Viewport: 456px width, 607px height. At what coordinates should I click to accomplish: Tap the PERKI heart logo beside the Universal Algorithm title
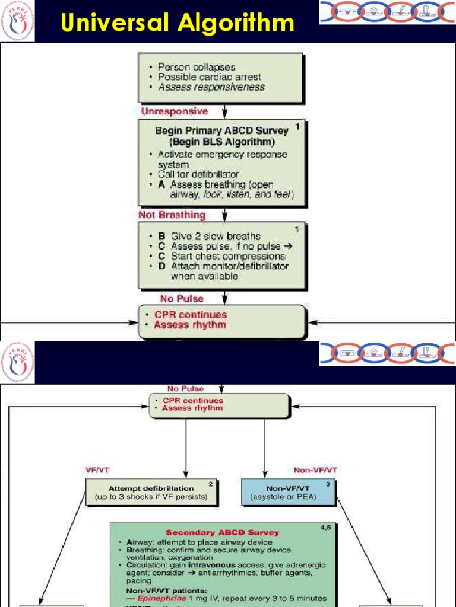point(17,21)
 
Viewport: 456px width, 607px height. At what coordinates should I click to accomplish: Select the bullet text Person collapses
point(197,67)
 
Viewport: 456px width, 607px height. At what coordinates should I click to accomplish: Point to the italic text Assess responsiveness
point(211,87)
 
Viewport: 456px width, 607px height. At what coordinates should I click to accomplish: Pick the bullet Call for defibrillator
point(198,174)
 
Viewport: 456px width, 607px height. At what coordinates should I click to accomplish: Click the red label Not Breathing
point(172,215)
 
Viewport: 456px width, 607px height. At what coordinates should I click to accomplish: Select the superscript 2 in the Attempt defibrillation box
point(210,483)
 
